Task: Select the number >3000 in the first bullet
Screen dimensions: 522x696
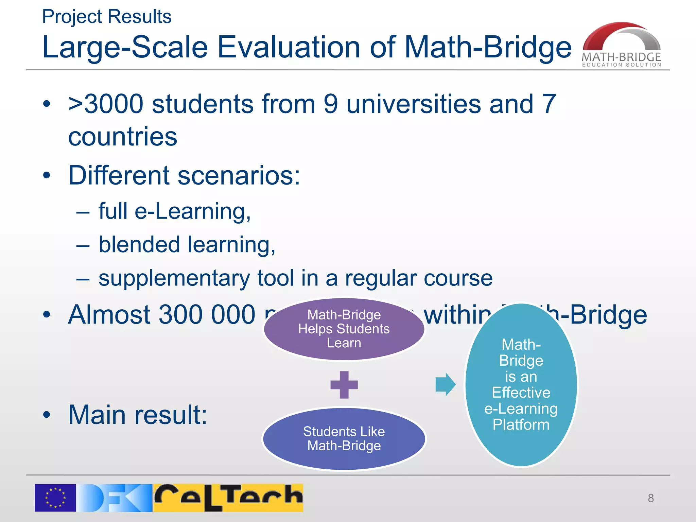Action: tap(106, 104)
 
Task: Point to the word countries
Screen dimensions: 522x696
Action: tap(123, 137)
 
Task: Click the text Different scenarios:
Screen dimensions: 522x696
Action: tap(184, 175)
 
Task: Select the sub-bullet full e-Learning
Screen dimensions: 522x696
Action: tap(174, 211)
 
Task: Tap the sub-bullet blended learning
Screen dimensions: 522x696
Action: tap(187, 245)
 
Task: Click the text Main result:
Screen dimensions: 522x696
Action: tap(138, 415)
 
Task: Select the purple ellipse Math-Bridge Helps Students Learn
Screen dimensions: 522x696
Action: tap(344, 329)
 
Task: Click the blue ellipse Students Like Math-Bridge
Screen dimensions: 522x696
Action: tap(344, 438)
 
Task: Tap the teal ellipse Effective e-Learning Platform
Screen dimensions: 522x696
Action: tap(521, 385)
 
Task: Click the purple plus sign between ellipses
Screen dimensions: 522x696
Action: tap(344, 385)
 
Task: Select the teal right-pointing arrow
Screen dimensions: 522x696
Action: tap(445, 385)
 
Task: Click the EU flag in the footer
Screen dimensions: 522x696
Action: tap(55, 498)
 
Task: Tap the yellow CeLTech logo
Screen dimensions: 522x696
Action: tap(228, 498)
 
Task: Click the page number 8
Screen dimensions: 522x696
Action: tap(650, 498)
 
